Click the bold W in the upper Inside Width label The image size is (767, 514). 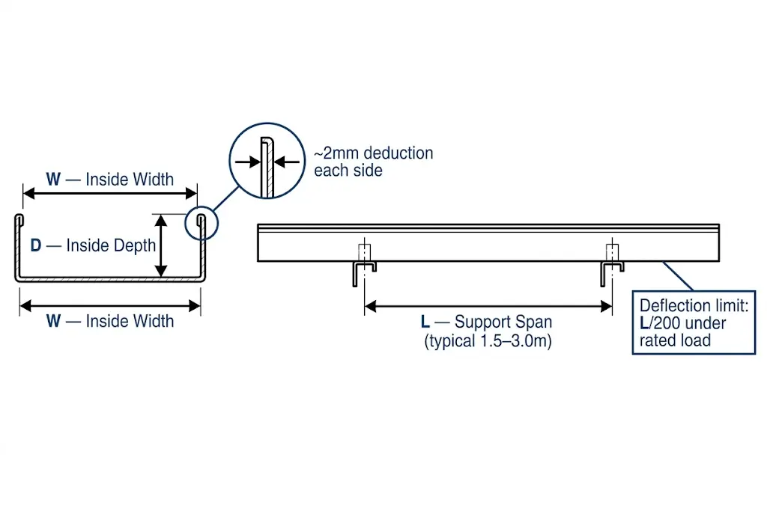[53, 180]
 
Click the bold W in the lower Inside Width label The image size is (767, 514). [53, 322]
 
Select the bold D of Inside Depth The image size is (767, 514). [36, 245]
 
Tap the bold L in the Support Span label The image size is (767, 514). [425, 322]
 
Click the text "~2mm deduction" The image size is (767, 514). [373, 153]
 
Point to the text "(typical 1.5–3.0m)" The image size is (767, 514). [488, 341]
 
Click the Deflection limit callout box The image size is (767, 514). [694, 322]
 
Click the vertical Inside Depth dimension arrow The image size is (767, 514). [160, 245]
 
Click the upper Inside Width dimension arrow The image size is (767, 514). [109, 193]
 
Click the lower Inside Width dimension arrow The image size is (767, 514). [109, 305]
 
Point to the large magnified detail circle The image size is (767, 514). [266, 161]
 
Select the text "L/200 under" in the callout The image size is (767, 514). [682, 324]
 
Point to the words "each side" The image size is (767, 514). [348, 171]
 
